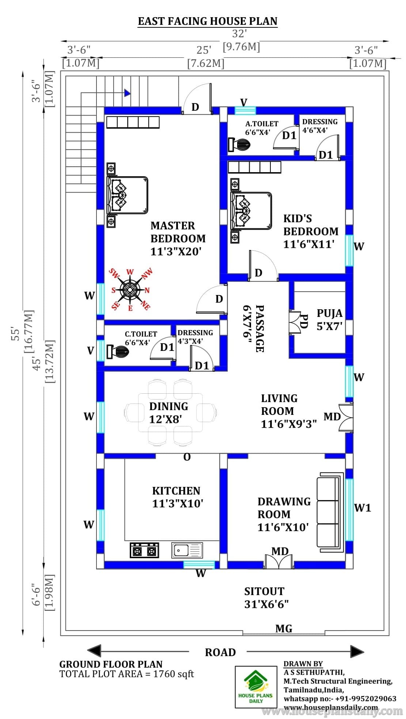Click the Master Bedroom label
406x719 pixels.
coord(178,238)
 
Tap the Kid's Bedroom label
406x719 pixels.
coord(311,231)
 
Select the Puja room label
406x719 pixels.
coord(330,319)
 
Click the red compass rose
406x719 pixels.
coord(130,290)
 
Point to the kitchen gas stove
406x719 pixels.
coord(144,550)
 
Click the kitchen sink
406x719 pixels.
coord(187,550)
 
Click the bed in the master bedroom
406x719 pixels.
coord(127,195)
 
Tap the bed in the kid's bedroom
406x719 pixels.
coord(251,211)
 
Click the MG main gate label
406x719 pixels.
coord(284,628)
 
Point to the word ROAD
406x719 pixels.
coord(220,652)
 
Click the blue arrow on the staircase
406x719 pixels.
coord(127,93)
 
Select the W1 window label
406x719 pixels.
coord(363,507)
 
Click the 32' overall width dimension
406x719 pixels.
coord(240,34)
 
